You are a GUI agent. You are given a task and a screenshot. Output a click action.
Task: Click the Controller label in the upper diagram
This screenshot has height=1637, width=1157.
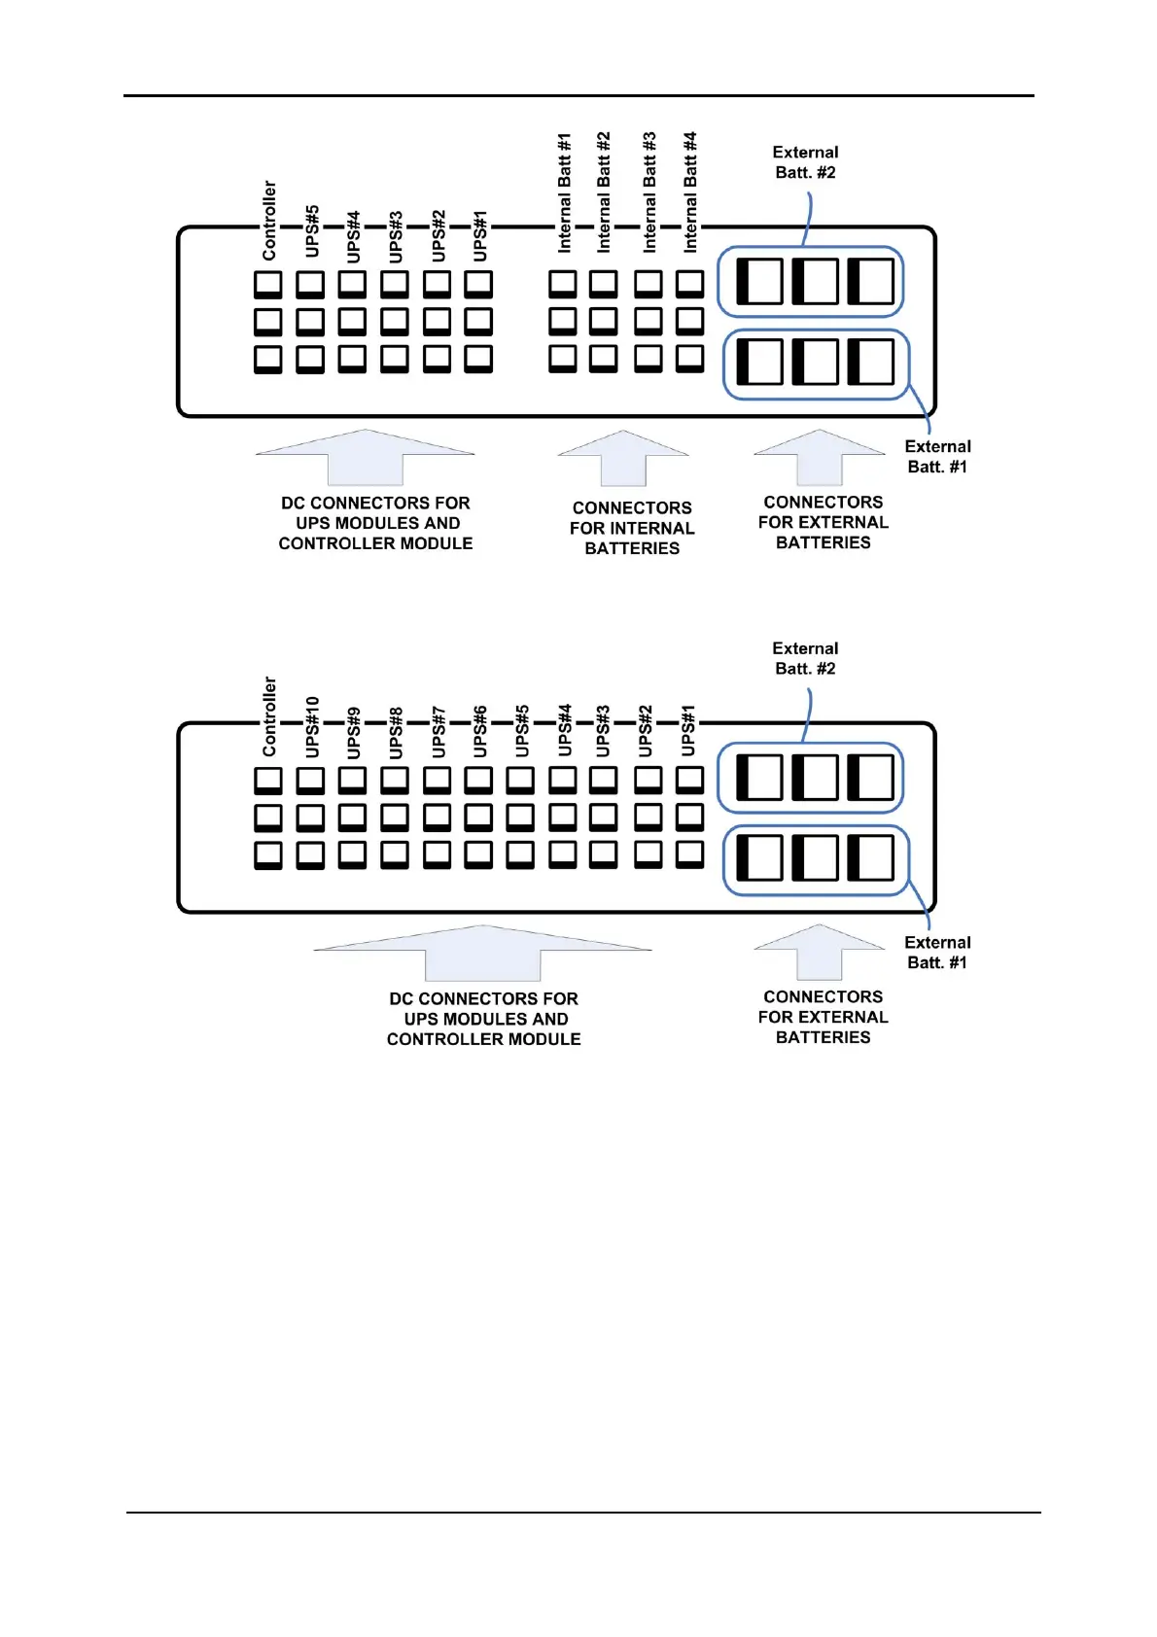pos(269,221)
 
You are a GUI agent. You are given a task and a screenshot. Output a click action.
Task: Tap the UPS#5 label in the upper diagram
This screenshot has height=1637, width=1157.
pos(311,230)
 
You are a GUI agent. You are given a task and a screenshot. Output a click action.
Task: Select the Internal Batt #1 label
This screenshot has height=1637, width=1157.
pos(564,193)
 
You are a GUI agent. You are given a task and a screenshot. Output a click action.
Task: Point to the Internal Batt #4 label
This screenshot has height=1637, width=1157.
pos(690,192)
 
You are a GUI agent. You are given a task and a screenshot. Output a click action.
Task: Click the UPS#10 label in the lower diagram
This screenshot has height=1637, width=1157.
pos(311,726)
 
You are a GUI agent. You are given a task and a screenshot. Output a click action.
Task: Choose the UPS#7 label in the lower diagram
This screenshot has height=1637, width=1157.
pos(438,731)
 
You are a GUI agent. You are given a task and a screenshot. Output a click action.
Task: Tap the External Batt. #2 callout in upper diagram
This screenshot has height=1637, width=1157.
pos(805,162)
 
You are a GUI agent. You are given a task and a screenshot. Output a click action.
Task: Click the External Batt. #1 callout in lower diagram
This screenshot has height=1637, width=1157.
pos(937,953)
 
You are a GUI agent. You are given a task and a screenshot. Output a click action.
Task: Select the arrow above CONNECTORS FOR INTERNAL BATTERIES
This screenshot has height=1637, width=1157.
pos(623,458)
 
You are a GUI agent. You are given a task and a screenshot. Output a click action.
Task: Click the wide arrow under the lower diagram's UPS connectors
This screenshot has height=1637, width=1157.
pos(483,952)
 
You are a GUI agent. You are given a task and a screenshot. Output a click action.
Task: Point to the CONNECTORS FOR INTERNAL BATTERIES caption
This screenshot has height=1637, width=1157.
pos(632,528)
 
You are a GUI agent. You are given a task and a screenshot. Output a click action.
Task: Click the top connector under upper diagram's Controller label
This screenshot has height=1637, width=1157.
pos(268,284)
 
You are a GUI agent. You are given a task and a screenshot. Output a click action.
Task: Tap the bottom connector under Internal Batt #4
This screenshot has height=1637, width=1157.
pos(690,358)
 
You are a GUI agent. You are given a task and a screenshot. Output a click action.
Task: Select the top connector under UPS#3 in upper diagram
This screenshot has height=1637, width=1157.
pos(395,284)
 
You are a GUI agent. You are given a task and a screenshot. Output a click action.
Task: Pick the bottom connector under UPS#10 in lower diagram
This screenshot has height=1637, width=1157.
pos(310,854)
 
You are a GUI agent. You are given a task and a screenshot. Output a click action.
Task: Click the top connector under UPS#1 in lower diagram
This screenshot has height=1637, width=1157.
pos(690,780)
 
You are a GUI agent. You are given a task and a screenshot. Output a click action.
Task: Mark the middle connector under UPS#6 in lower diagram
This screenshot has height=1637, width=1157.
pos(478,817)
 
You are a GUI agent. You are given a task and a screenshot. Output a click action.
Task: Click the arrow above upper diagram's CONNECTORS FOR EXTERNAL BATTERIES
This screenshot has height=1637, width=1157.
pos(820,457)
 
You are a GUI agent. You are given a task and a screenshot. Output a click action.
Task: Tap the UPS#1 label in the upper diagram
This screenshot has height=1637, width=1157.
pos(479,235)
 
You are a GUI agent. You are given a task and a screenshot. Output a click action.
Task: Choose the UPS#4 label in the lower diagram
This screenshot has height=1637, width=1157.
pos(564,730)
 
